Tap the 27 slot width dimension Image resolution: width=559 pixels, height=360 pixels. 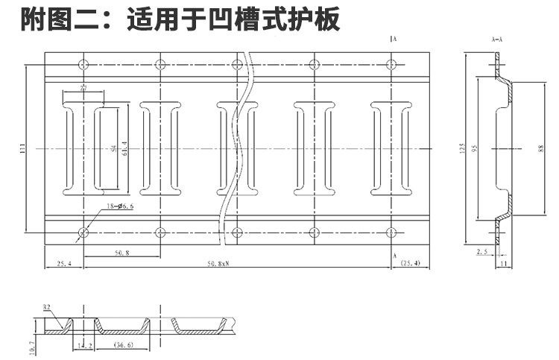[83, 89]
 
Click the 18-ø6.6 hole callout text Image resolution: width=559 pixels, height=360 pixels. [119, 206]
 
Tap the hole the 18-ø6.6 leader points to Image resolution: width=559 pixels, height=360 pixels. [83, 233]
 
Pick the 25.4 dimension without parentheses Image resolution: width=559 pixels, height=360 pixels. [64, 263]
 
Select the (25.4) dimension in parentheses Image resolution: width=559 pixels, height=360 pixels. [410, 263]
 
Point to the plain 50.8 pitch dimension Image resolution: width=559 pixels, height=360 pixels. [122, 253]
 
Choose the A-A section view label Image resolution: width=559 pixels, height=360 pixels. [497, 39]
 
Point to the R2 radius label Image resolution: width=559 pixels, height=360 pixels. [46, 306]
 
